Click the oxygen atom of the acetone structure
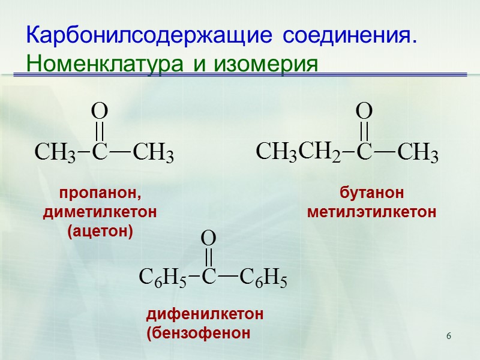click(99, 111)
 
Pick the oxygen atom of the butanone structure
click(364, 111)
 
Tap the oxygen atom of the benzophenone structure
click(208, 238)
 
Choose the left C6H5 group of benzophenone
click(160, 278)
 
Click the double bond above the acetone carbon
click(100, 131)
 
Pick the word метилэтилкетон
click(371, 212)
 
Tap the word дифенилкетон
click(205, 314)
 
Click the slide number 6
click(448, 334)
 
